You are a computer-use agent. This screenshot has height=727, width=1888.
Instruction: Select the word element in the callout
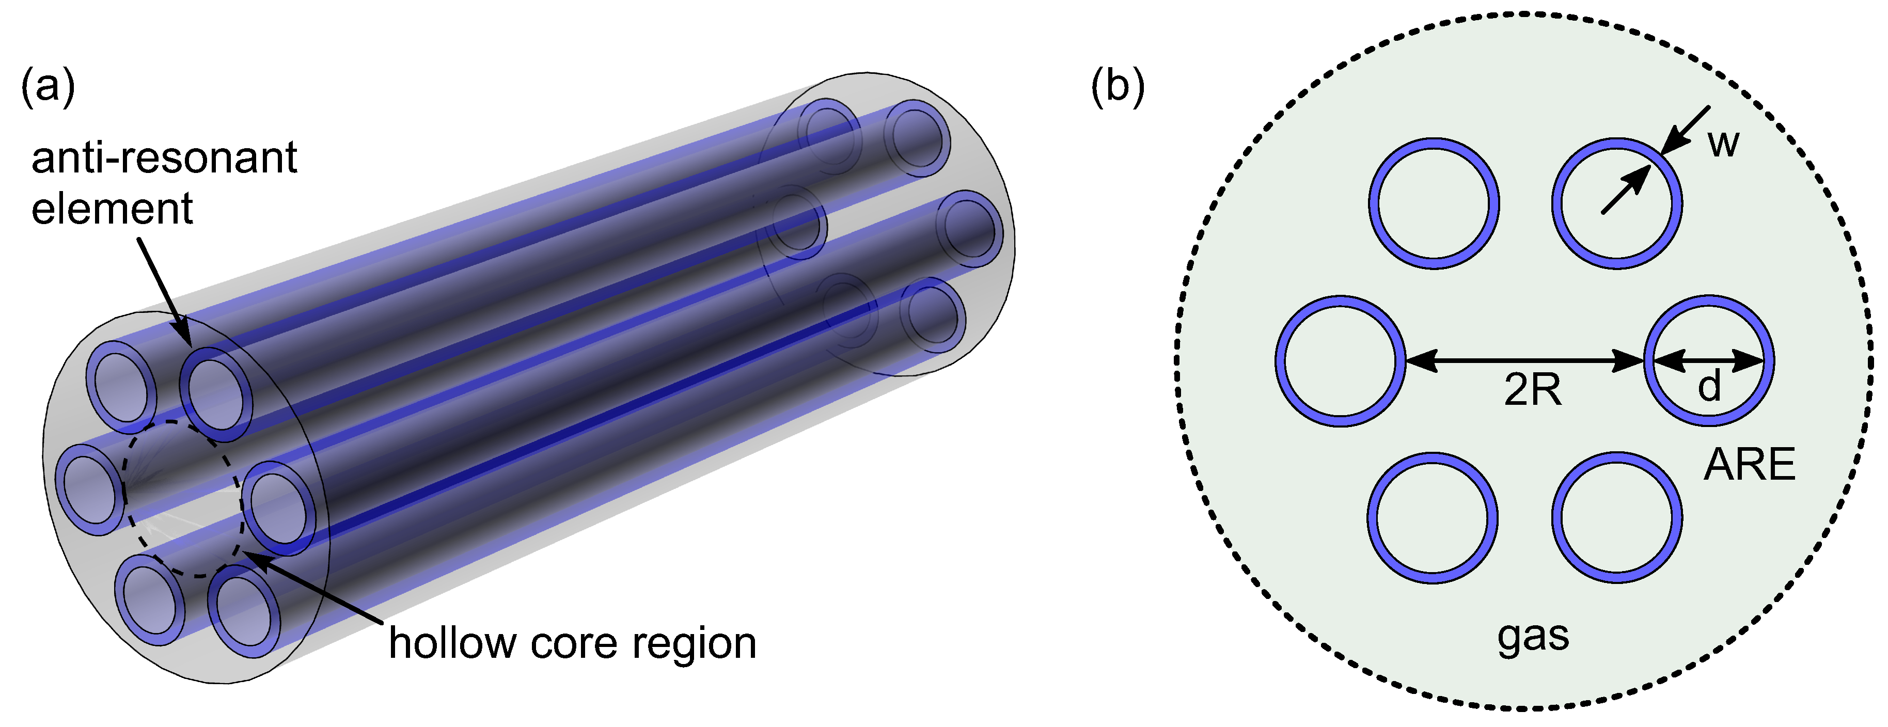click(112, 210)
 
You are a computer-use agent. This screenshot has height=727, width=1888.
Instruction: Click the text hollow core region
click(572, 643)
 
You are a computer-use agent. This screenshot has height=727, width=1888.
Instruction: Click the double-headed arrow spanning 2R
click(1524, 360)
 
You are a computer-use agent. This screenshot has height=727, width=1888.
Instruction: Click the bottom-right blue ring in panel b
click(1617, 517)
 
